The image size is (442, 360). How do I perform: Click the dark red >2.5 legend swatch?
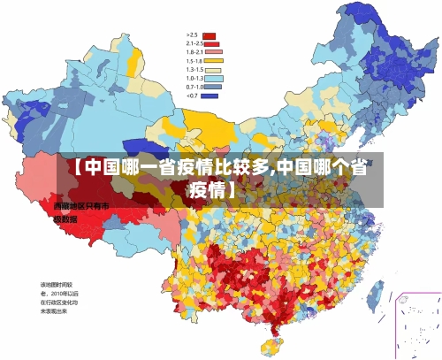(x=210, y=36)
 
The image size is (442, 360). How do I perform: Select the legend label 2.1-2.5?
(x=194, y=43)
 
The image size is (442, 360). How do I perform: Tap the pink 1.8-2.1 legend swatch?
(x=210, y=52)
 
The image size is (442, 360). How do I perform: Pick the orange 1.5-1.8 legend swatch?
(x=210, y=61)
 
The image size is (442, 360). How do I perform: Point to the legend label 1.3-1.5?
(x=194, y=69)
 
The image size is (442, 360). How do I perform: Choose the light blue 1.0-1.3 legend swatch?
(x=210, y=78)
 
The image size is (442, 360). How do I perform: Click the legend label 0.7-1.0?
(x=194, y=87)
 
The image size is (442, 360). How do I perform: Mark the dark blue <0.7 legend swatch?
(x=210, y=96)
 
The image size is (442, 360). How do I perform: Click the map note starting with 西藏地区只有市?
(x=79, y=206)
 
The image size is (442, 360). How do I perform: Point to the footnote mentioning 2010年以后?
(x=58, y=293)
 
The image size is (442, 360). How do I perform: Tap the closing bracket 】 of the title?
(x=232, y=188)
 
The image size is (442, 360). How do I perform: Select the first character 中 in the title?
(x=92, y=166)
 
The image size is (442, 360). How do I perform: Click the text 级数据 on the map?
(x=65, y=218)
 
